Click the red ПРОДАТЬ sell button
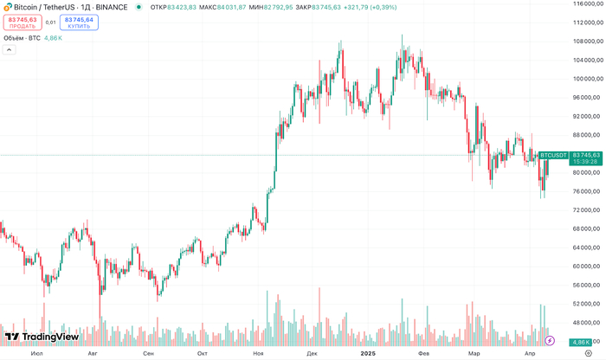[23, 22]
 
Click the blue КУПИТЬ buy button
[79, 22]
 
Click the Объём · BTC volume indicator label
[23, 37]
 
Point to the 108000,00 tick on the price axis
[587, 42]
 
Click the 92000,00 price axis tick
[587, 116]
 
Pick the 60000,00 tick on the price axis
[587, 266]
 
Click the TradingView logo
[42, 337]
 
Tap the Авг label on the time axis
[93, 353]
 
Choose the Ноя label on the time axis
[257, 353]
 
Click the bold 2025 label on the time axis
[368, 353]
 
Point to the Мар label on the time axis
[475, 353]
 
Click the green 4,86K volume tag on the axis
[581, 342]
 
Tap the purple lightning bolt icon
[549, 341]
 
